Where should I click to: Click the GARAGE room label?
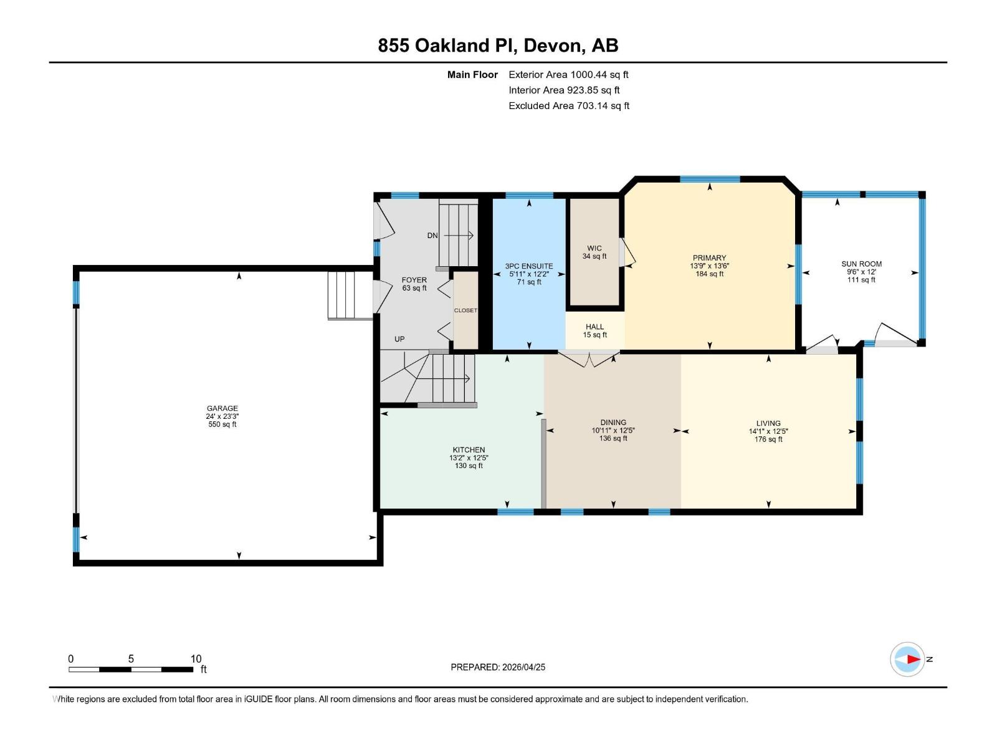click(x=222, y=408)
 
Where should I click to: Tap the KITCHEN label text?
click(x=469, y=449)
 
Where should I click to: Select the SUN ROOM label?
click(x=861, y=264)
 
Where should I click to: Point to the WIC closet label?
click(x=594, y=249)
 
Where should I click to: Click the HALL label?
click(x=594, y=327)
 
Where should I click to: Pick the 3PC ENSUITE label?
click(x=529, y=266)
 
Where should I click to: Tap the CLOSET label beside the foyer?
click(x=465, y=310)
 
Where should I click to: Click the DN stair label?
click(x=432, y=235)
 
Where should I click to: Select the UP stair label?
click(x=399, y=339)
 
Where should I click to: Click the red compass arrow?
click(x=914, y=659)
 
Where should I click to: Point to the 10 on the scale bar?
click(x=196, y=658)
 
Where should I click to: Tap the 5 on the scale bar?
click(x=131, y=658)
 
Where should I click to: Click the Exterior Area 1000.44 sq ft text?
click(x=568, y=74)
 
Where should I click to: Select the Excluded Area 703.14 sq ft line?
click(x=569, y=106)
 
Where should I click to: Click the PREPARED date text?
click(x=498, y=667)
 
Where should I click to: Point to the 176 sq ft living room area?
click(x=768, y=439)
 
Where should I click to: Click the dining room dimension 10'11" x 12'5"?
click(x=613, y=430)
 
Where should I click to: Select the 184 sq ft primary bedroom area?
click(x=709, y=274)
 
